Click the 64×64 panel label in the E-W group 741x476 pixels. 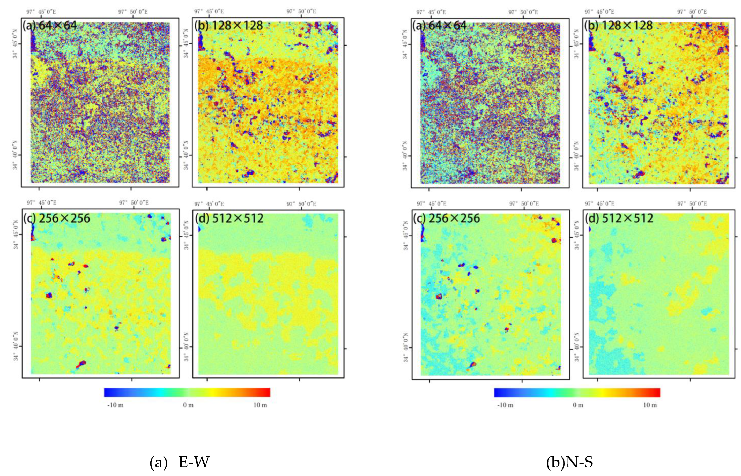click(49, 25)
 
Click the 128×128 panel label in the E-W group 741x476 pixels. click(229, 25)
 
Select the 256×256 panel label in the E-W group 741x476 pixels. click(56, 218)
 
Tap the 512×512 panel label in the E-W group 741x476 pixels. click(229, 218)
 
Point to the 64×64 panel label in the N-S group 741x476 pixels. click(439, 25)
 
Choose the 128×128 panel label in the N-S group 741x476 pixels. click(619, 25)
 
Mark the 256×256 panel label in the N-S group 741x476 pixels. click(446, 218)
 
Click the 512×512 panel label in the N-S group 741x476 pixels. click(619, 218)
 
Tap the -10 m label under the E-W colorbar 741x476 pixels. click(115, 405)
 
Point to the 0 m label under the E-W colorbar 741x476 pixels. click(188, 405)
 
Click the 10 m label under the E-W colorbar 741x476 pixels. click(260, 405)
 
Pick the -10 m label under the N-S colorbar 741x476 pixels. click(505, 405)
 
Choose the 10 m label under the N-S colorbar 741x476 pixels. click(650, 405)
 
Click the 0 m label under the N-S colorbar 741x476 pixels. click(578, 405)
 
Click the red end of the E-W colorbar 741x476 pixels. click(267, 392)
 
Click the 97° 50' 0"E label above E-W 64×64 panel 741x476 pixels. click(133, 12)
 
